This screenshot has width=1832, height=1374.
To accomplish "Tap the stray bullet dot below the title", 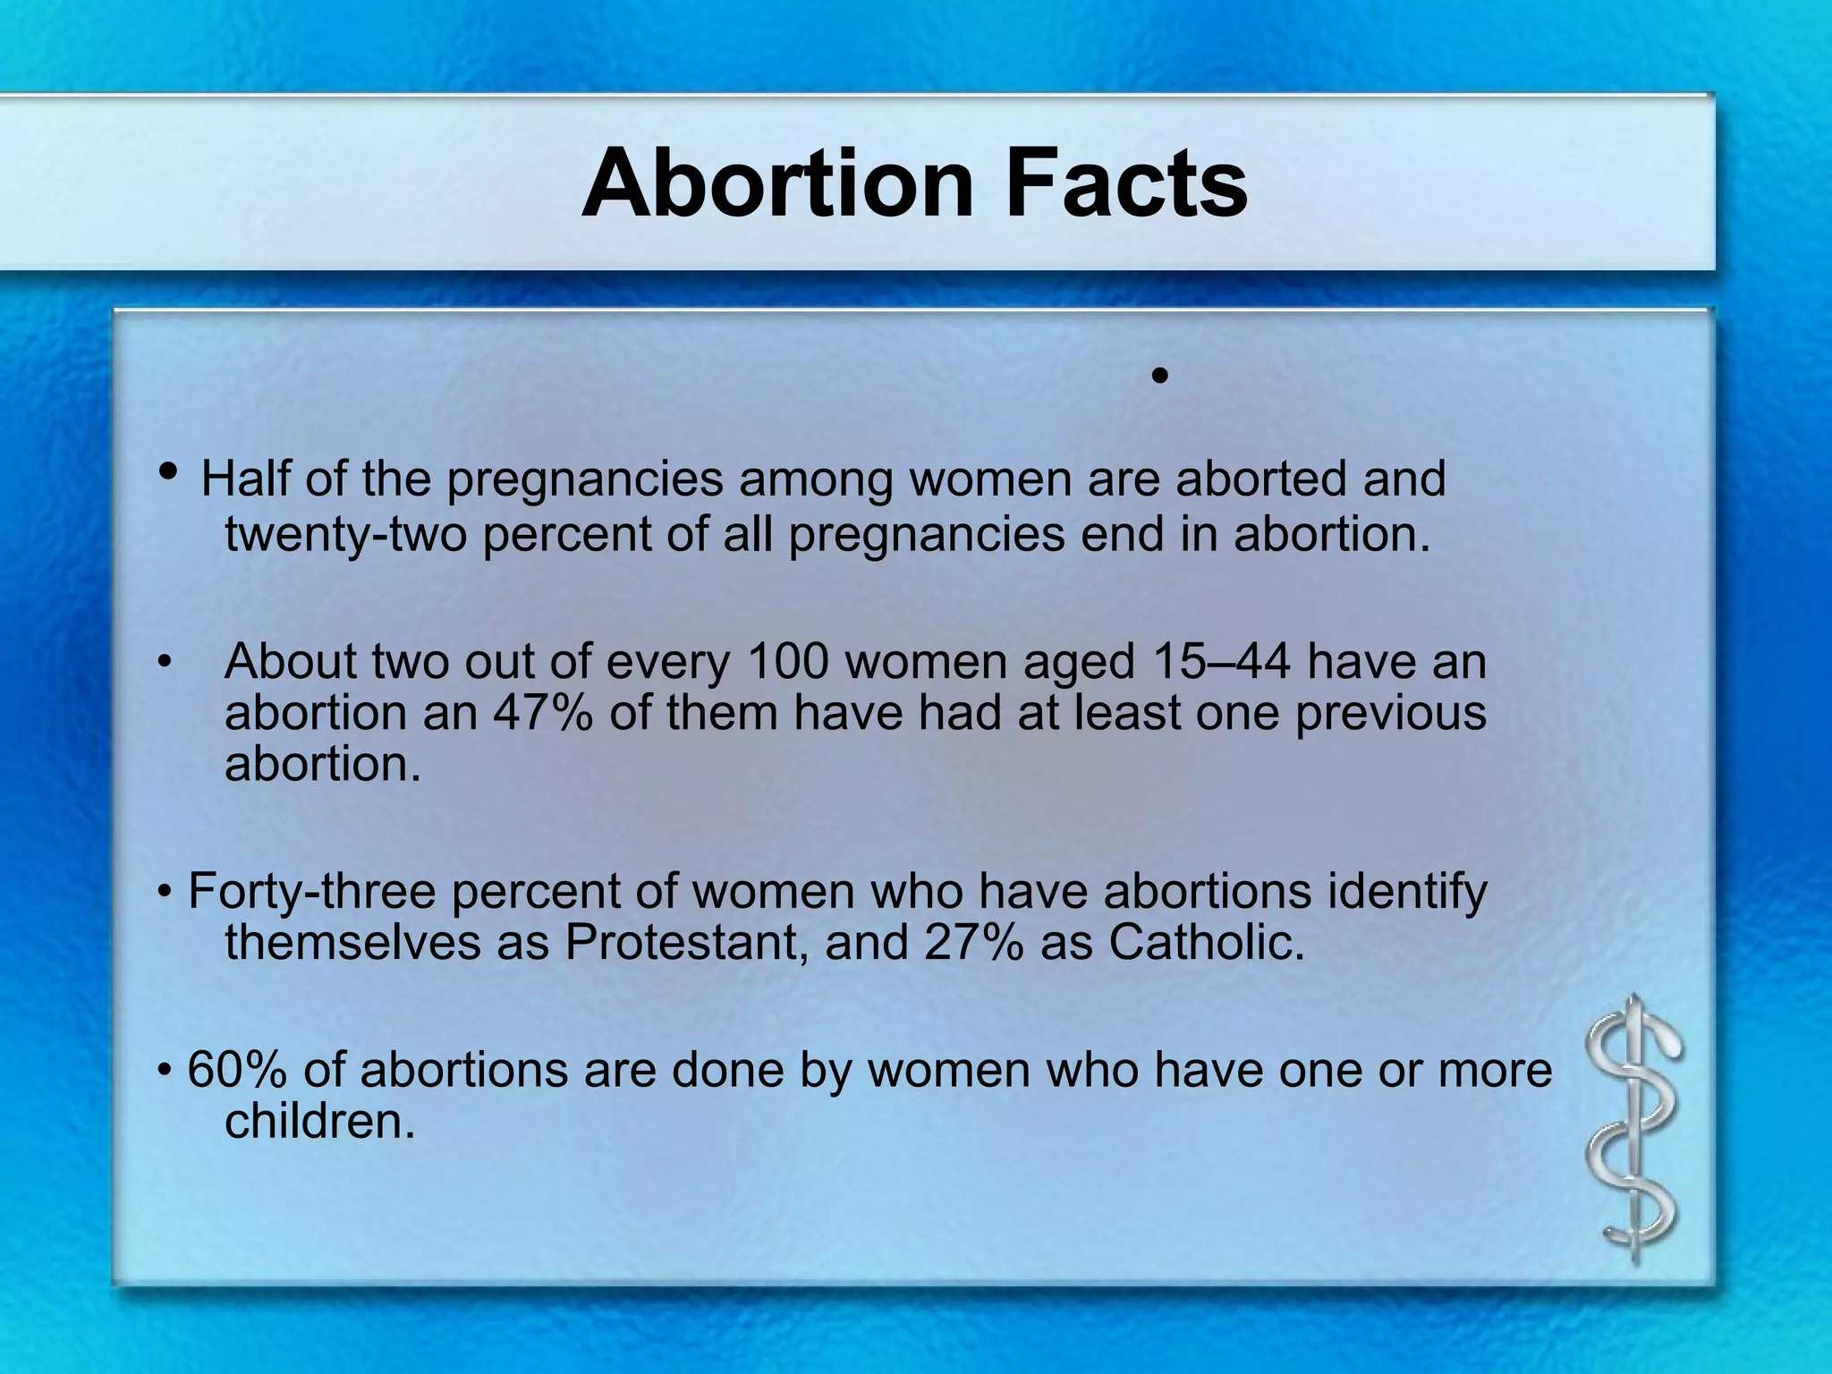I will point(1160,377).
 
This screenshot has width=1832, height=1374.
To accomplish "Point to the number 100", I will point(785,662).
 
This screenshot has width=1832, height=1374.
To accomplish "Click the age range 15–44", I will point(1222,662).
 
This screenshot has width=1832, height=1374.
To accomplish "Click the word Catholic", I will point(1207,943).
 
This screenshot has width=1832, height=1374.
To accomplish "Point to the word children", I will point(319,1122).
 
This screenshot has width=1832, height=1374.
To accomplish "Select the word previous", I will point(1391,713).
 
